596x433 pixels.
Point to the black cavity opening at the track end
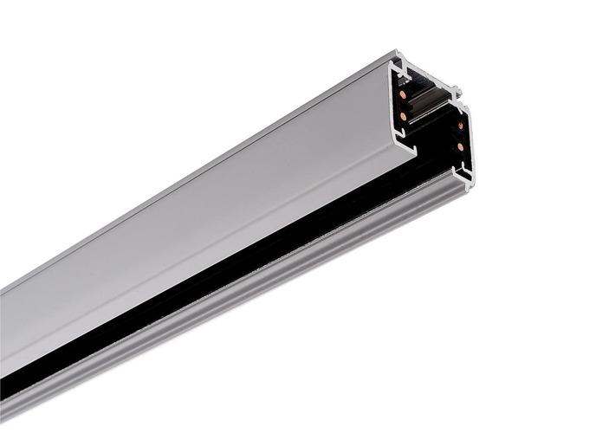coord(433,139)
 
